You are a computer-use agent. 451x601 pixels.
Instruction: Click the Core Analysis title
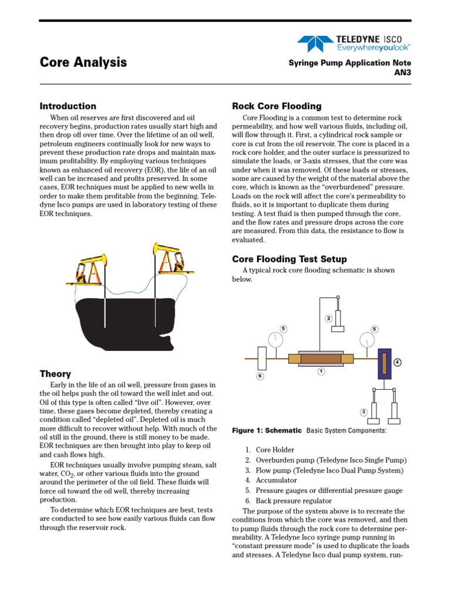(x=83, y=63)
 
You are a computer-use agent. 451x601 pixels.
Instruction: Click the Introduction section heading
(x=68, y=106)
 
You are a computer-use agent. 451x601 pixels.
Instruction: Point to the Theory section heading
(x=55, y=374)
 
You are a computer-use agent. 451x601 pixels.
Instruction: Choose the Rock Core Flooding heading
(x=277, y=106)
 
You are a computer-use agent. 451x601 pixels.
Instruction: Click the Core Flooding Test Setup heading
(x=289, y=259)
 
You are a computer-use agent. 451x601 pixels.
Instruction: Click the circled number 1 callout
(x=321, y=372)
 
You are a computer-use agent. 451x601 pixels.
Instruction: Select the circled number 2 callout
(x=329, y=319)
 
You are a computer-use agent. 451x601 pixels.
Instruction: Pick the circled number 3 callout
(x=364, y=412)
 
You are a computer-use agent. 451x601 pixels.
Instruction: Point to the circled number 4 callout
(x=398, y=362)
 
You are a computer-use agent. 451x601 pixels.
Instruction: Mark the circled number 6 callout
(x=260, y=376)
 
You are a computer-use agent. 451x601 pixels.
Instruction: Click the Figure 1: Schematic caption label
(x=267, y=431)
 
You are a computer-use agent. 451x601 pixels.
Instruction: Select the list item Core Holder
(x=274, y=450)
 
